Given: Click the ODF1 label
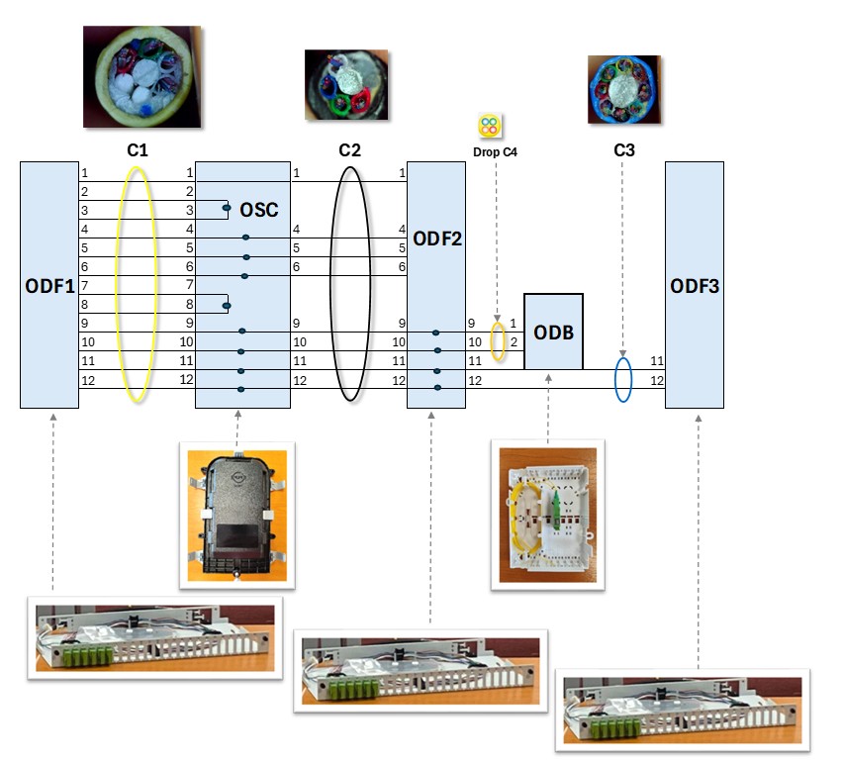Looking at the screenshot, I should [49, 286].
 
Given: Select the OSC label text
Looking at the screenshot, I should [259, 210].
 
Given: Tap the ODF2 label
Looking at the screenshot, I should [436, 238].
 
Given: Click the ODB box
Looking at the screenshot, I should [553, 332].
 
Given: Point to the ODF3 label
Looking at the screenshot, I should [695, 286].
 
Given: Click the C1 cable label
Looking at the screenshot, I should [138, 151].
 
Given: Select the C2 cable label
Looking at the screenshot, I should [349, 151].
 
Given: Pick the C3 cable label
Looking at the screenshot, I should [624, 151].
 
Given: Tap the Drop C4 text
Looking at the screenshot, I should [497, 152].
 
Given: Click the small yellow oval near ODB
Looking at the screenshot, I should [499, 342].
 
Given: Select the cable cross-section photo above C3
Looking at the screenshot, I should [624, 89].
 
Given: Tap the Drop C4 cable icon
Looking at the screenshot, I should [490, 126].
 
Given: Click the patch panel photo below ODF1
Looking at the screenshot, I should [155, 635].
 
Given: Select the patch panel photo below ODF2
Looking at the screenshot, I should [423, 670].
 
